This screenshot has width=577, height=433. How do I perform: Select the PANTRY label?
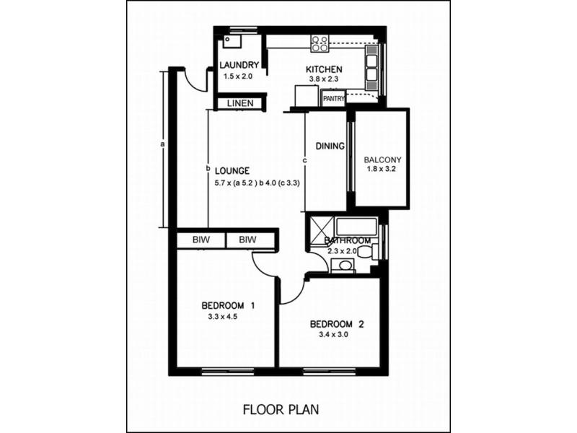point(334,99)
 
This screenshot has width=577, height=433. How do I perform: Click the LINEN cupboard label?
point(240,103)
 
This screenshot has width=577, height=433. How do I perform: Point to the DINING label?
point(330,146)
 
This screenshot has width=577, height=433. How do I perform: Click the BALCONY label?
point(382,159)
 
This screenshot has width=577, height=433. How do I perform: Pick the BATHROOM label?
point(348,240)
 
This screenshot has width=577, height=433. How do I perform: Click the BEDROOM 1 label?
point(228,305)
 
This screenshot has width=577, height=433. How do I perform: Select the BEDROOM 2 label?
point(336,324)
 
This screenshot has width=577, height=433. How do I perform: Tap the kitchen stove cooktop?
point(320,43)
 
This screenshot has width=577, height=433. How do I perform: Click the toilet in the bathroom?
point(366,252)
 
